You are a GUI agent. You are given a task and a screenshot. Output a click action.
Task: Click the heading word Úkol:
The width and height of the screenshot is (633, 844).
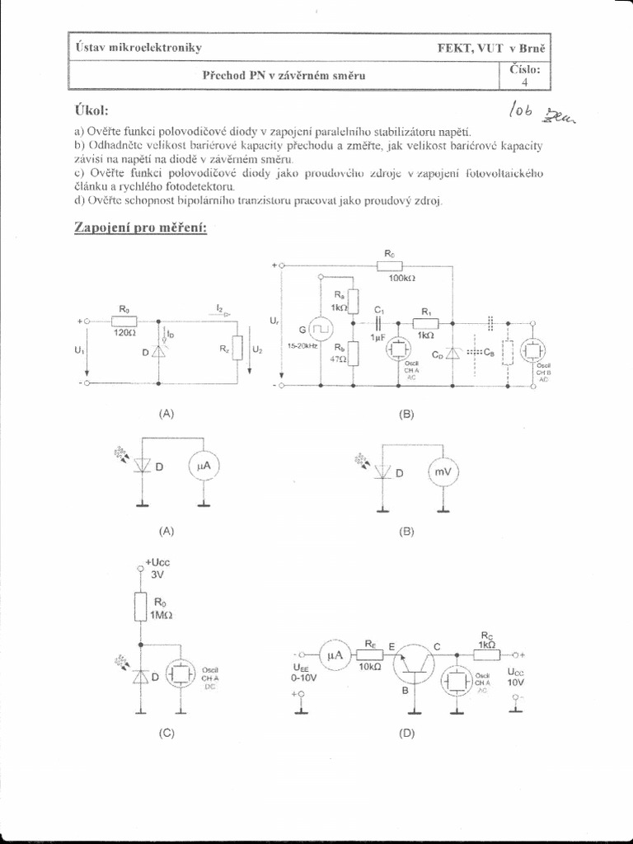[91, 110]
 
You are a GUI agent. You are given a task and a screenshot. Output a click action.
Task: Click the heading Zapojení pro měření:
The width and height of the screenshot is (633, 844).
[141, 227]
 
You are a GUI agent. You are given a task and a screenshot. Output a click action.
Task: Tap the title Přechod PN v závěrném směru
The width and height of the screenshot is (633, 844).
[284, 75]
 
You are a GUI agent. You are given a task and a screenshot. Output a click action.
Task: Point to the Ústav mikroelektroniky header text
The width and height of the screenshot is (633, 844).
[138, 48]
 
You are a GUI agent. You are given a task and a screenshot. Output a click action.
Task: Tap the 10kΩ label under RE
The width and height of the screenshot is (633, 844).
[369, 666]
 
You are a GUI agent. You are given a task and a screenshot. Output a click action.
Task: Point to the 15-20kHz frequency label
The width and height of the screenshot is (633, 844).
[302, 347]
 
